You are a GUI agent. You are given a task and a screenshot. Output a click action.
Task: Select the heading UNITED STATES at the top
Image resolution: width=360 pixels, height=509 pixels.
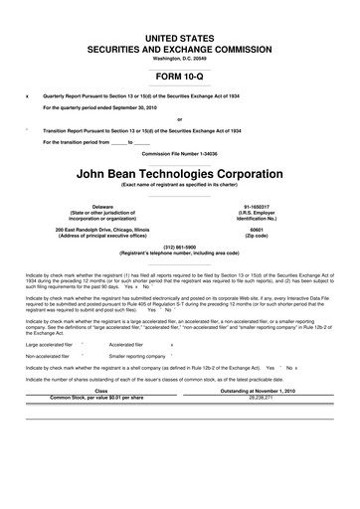(180, 36)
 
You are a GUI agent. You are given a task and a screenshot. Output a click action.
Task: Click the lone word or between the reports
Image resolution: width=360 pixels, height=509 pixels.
(180, 118)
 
